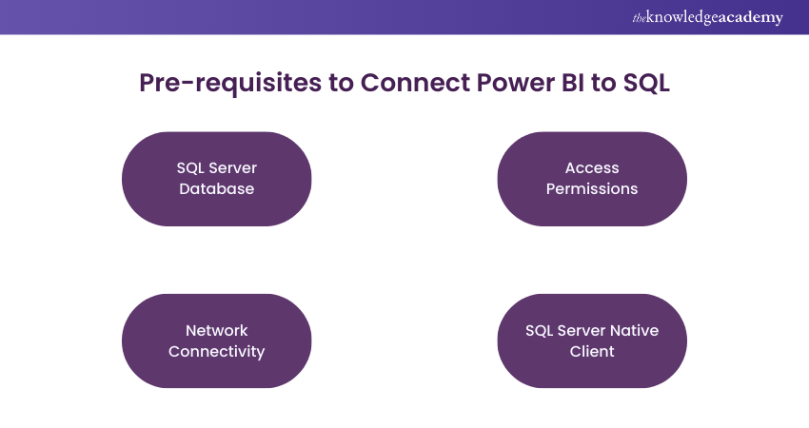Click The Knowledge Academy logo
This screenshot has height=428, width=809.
click(x=707, y=17)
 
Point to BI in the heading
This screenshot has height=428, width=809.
click(x=574, y=83)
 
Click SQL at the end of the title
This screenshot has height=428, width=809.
click(x=646, y=83)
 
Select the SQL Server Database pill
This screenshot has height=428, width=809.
click(x=217, y=179)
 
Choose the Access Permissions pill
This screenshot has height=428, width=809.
click(x=592, y=179)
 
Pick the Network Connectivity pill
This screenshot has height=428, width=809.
click(x=217, y=340)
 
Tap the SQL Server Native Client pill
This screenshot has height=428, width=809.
click(x=592, y=340)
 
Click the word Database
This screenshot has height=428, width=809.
click(x=217, y=189)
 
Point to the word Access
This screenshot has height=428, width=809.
click(x=592, y=168)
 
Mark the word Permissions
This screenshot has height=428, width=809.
click(x=592, y=189)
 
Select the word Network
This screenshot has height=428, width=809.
click(x=217, y=330)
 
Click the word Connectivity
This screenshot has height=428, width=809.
click(x=217, y=351)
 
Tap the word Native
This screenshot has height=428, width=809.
click(x=634, y=330)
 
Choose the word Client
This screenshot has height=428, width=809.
click(x=592, y=351)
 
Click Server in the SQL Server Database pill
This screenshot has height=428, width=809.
click(x=233, y=168)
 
